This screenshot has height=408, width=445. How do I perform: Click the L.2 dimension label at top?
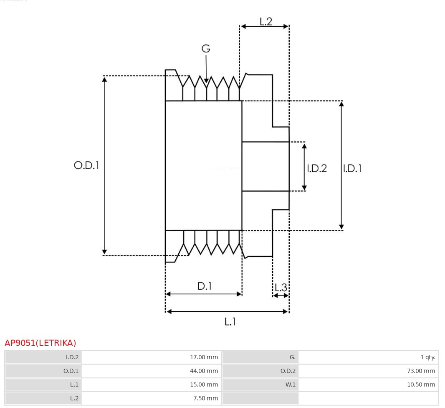pos(265,21)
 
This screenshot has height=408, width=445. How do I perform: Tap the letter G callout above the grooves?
pos(206,49)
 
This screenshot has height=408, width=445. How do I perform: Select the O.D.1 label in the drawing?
pos(86,165)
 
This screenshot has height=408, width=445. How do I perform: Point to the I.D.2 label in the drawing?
pos(317,168)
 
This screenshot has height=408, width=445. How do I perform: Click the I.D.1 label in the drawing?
pos(352,168)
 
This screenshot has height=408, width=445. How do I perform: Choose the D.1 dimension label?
pos(205,286)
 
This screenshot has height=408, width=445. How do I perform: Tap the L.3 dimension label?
pos(281,288)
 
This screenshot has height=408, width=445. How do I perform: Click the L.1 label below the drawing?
pos(230,322)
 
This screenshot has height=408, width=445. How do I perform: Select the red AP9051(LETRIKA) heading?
pos(40,343)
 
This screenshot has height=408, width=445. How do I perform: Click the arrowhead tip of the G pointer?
pos(206,82)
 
